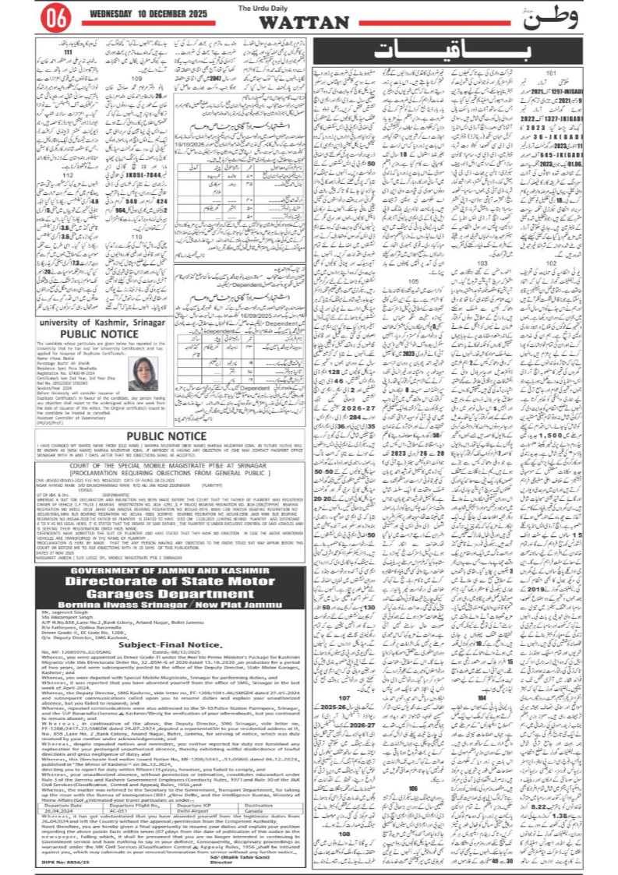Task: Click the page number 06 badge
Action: coord(53,16)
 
